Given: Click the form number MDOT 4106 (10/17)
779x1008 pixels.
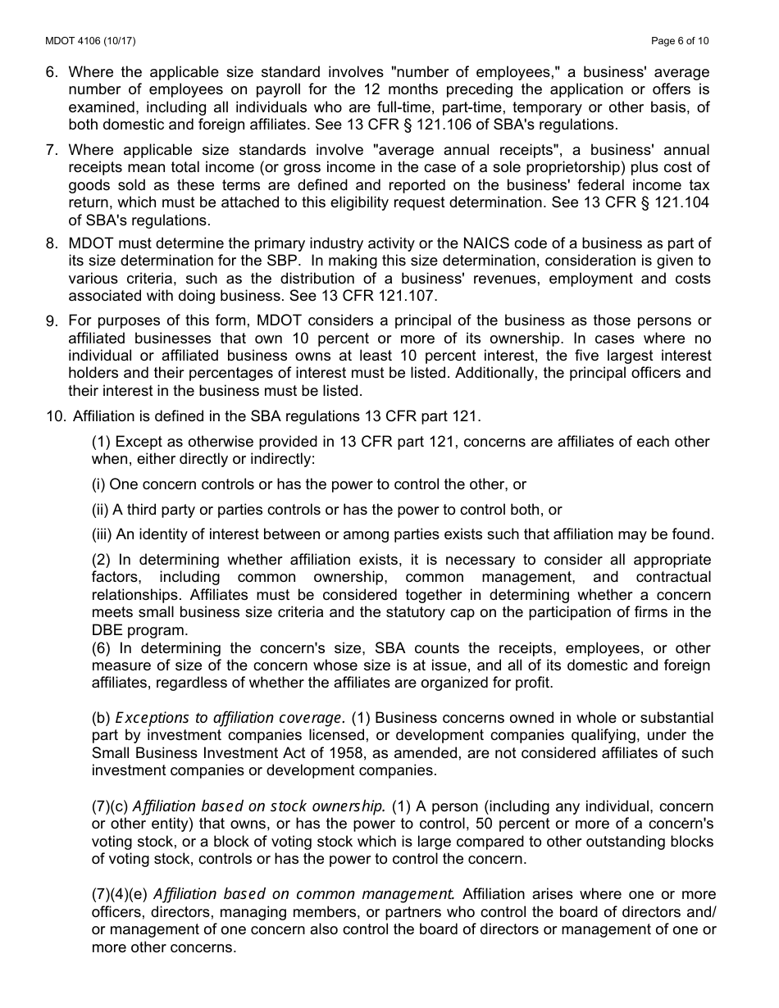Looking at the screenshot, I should pos(80,41).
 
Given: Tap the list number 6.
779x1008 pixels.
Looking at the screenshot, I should pos(51,72).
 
